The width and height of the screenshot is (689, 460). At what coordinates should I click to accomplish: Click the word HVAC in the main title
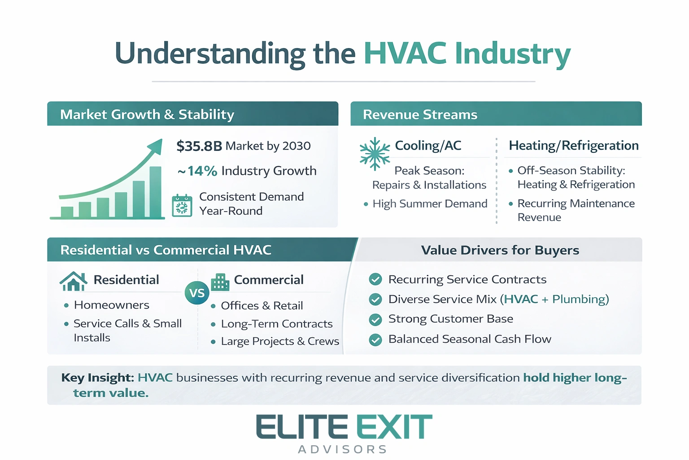[x=405, y=53]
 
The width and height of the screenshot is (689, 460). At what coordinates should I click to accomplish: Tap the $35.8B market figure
[x=199, y=146]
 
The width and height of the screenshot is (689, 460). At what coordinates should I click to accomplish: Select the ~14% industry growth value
[x=197, y=171]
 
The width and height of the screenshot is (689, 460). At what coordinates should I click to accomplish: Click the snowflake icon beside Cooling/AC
[x=375, y=154]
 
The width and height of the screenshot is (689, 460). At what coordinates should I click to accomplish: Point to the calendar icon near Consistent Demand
[x=182, y=206]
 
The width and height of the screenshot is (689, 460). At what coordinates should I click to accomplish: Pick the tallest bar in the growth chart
[x=155, y=192]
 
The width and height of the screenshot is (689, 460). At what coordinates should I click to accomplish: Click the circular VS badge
[x=197, y=293]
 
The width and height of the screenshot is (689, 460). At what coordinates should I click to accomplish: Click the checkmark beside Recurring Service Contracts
[x=375, y=279]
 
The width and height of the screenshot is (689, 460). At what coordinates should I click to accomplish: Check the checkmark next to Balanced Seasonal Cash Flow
[x=375, y=340]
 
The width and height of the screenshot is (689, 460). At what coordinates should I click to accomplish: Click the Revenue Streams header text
[x=420, y=115]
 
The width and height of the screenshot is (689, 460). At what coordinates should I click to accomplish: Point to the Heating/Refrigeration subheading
[x=573, y=146]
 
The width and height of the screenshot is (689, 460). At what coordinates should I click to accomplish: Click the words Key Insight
[x=97, y=378]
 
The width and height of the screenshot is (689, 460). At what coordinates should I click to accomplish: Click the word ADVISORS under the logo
[x=343, y=449]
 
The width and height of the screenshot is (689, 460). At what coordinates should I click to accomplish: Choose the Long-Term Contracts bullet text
[x=277, y=324]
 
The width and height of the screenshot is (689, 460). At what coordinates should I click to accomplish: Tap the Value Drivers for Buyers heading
[x=500, y=250]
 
